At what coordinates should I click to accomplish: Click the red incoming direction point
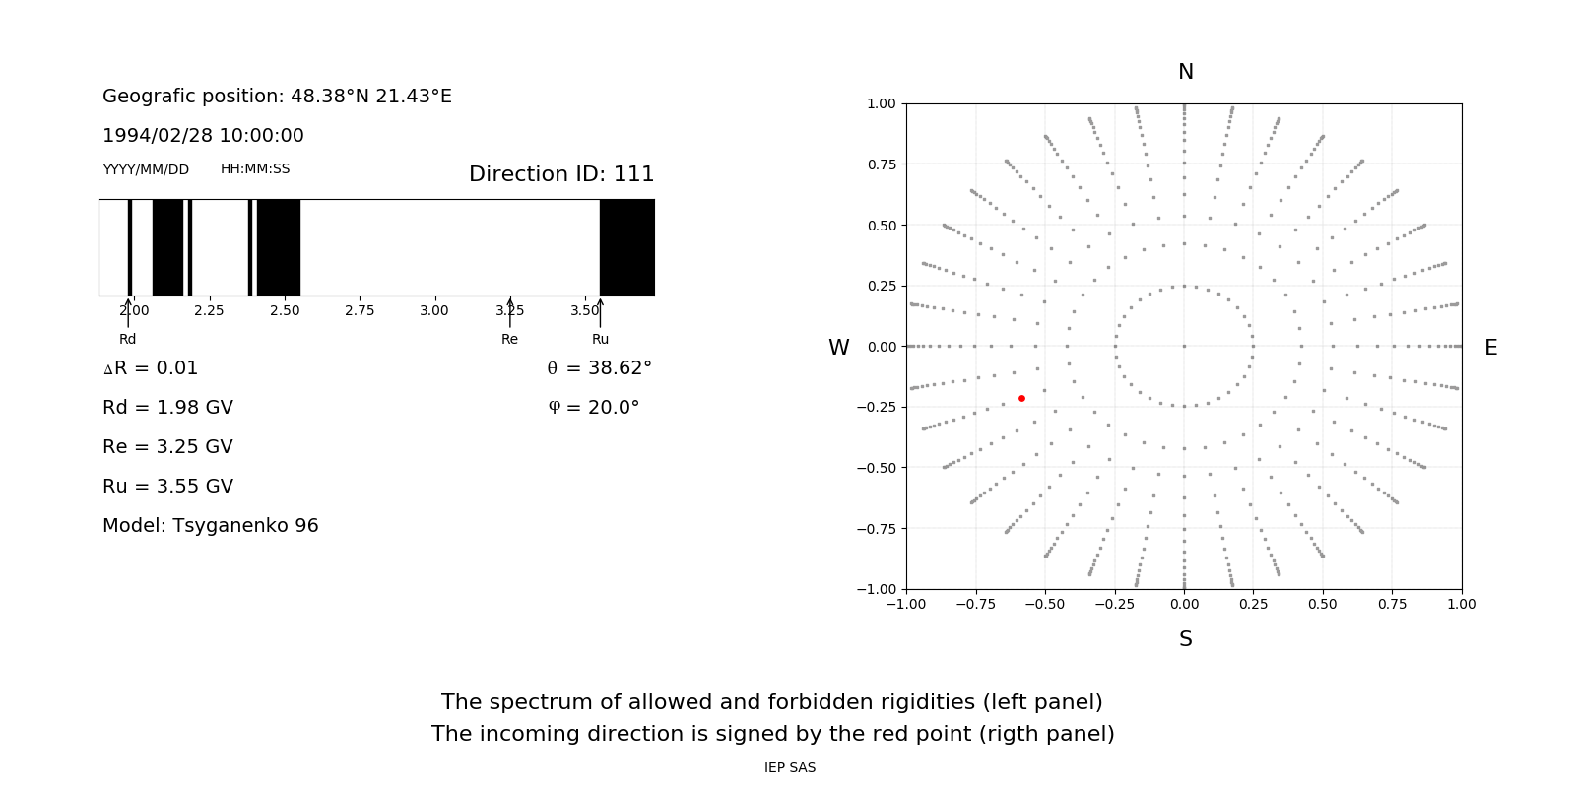1021,398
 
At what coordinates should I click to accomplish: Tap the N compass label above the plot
1185,72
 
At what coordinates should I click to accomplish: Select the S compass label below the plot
1185,639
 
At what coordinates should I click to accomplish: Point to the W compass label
838,348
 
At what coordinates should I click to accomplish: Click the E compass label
1490,348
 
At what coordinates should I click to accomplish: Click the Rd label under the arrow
128,339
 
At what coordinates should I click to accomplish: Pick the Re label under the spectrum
509,339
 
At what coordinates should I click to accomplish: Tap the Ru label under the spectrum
600,339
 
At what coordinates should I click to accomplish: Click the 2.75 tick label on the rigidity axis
360,310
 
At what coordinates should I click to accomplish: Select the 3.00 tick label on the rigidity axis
434,310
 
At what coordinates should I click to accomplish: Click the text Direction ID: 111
561,174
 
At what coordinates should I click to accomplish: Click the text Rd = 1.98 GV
167,407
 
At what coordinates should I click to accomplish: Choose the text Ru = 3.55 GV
167,486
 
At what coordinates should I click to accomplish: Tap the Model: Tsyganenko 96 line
211,525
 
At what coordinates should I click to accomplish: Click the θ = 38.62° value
600,367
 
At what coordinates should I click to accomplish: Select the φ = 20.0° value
594,407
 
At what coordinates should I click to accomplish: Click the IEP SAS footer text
790,767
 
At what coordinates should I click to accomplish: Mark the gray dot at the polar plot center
1184,346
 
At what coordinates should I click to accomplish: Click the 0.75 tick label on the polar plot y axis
881,164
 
